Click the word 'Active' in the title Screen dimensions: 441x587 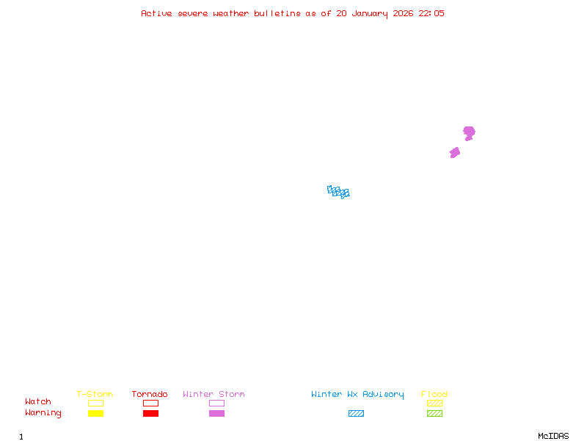click(x=157, y=13)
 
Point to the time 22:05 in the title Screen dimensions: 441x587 click(x=431, y=13)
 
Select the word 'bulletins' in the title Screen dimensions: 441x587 click(x=277, y=13)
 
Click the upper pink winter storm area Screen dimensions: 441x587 click(x=469, y=132)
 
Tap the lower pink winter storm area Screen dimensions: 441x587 click(x=455, y=152)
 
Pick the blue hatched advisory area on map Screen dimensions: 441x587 click(x=338, y=192)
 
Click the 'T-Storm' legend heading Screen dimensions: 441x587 click(x=95, y=395)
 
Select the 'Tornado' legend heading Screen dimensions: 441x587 click(x=150, y=395)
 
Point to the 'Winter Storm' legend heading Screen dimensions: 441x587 click(x=214, y=395)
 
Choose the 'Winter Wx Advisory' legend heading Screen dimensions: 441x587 click(x=357, y=395)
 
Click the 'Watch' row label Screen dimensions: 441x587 click(x=38, y=402)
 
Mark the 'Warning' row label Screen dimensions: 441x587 click(x=43, y=413)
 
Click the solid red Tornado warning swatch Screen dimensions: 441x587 click(x=150, y=413)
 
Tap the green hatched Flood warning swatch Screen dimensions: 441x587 click(x=434, y=413)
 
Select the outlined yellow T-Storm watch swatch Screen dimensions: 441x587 click(x=95, y=403)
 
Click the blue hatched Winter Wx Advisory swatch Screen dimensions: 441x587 click(x=356, y=413)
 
